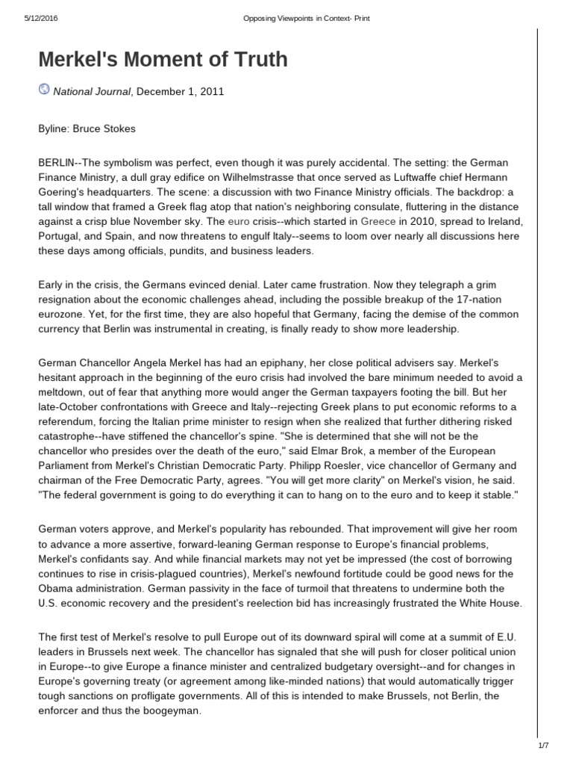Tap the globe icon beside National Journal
coord(43,90)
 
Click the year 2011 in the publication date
coord(211,92)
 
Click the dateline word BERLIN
coord(57,164)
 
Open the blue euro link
coord(238,222)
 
